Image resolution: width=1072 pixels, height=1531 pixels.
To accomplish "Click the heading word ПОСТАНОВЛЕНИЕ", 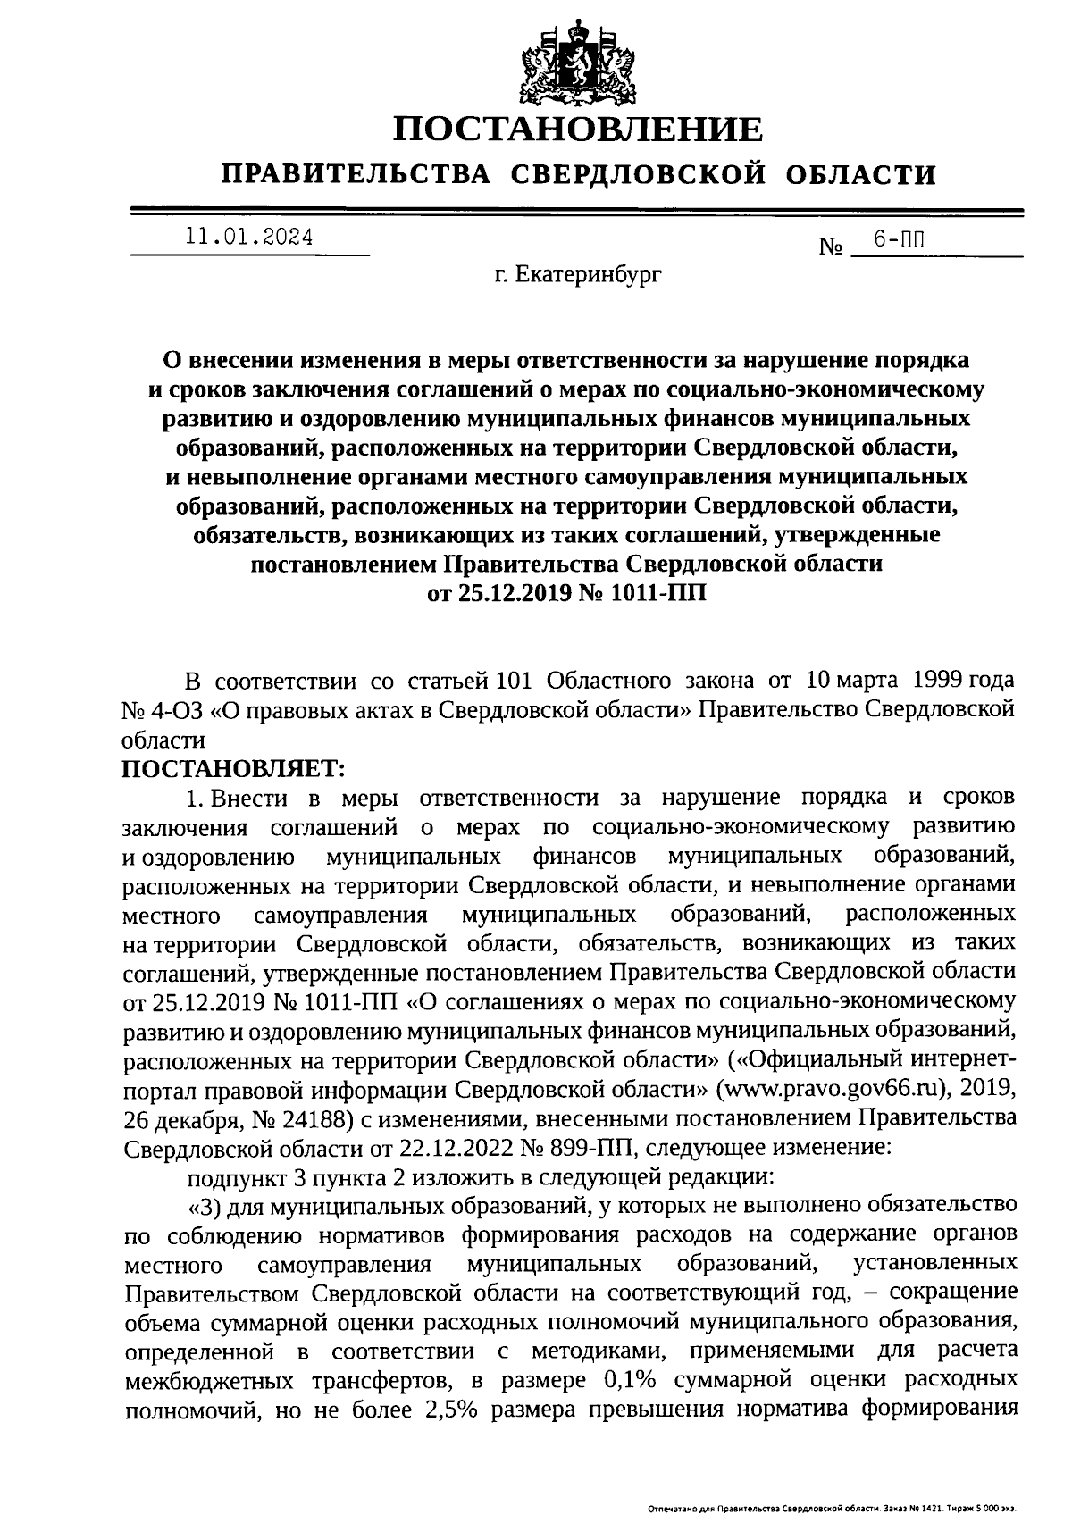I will pos(579,130).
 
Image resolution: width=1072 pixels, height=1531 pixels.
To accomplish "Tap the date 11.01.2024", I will pos(249,238).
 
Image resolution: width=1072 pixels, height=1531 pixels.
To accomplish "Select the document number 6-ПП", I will pos(899,239).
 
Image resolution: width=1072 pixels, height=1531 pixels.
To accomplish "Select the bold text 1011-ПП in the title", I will pos(657,593).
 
